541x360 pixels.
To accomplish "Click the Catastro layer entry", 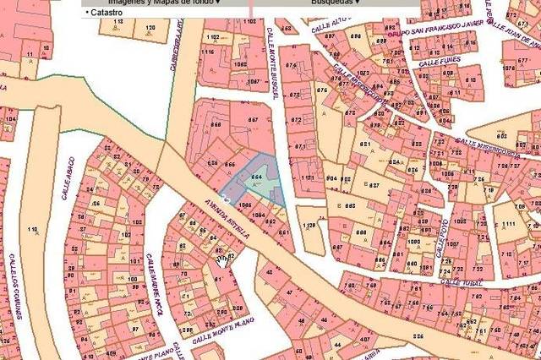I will click(x=107, y=14).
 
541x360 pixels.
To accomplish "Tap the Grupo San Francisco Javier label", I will click(x=443, y=30).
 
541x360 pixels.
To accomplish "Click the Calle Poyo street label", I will click(x=440, y=237).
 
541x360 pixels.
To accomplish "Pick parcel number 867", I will click(x=253, y=120).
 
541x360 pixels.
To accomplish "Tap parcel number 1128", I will click(x=309, y=226).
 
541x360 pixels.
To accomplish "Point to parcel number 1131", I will click(x=307, y=179).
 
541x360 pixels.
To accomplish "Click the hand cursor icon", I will click(x=221, y=261).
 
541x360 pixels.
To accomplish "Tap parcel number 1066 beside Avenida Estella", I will click(x=246, y=205).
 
